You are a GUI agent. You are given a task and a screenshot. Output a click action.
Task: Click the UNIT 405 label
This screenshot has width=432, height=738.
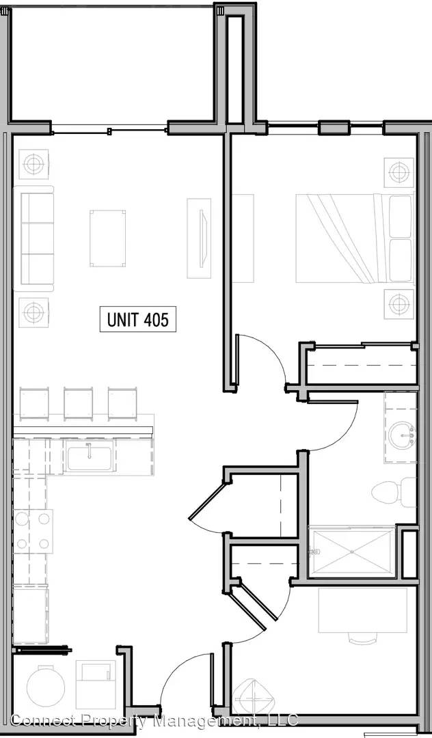(x=137, y=320)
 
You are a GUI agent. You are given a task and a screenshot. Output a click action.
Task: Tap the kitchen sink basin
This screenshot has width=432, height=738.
(x=89, y=459)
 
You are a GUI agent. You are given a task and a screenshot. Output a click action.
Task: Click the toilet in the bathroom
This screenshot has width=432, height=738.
(x=394, y=492)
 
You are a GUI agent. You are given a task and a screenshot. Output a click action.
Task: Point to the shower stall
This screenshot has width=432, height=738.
(x=351, y=552)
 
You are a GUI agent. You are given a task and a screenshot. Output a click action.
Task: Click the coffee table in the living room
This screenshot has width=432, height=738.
(x=108, y=238)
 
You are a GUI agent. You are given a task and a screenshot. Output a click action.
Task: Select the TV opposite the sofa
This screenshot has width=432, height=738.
(x=203, y=238)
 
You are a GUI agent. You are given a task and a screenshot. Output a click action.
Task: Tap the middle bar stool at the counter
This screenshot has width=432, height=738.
(x=78, y=403)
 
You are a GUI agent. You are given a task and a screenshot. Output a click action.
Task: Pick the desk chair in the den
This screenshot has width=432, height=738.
(x=363, y=638)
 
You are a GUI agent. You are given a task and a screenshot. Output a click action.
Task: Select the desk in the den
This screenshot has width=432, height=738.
(x=363, y=610)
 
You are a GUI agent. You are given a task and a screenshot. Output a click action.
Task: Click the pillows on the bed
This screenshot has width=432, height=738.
(x=401, y=238)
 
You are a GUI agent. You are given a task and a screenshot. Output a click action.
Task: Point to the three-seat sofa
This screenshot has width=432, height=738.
(x=33, y=238)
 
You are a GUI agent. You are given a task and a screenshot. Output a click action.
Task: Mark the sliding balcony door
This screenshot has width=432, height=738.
(x=109, y=131)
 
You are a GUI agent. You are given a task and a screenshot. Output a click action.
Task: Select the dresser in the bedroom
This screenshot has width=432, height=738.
(x=243, y=238)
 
